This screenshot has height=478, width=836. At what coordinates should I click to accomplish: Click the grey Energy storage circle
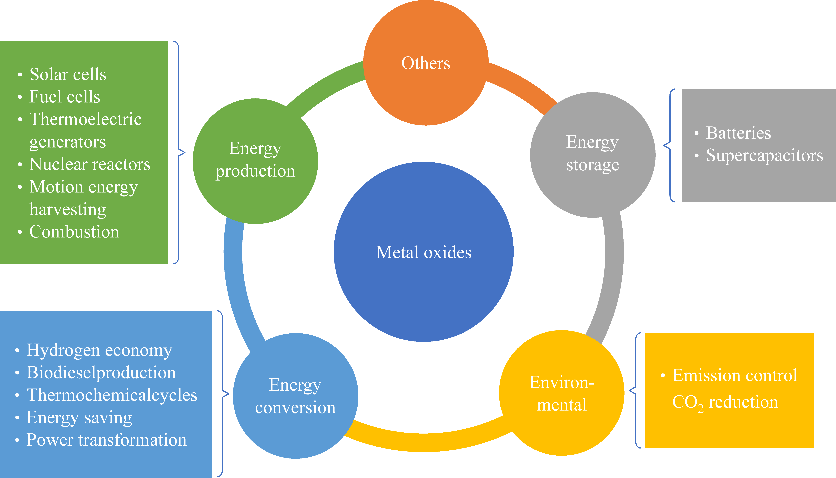pyautogui.click(x=592, y=154)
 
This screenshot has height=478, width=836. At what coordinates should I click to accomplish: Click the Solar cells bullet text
pyautogui.click(x=68, y=74)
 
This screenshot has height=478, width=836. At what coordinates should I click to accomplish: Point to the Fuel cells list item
pyautogui.click(x=65, y=97)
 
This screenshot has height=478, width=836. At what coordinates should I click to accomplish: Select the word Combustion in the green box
pyautogui.click(x=74, y=232)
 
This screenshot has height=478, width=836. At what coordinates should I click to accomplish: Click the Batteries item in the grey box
pyautogui.click(x=738, y=133)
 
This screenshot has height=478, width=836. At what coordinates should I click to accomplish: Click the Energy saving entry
pyautogui.click(x=79, y=418)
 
